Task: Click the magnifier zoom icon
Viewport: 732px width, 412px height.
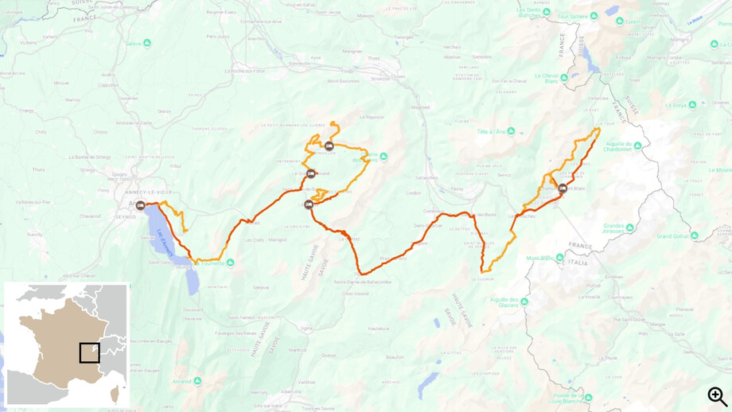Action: click(x=717, y=395)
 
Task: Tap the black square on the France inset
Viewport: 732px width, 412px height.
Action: click(x=90, y=352)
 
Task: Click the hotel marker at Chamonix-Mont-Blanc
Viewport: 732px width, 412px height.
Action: click(x=563, y=189)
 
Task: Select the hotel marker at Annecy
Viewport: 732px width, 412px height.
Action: click(x=141, y=206)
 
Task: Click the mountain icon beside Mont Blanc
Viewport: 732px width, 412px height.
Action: click(x=561, y=258)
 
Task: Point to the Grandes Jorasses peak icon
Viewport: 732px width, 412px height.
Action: click(x=629, y=227)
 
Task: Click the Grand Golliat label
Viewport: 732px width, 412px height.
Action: click(x=674, y=236)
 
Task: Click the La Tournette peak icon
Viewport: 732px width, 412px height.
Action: click(x=230, y=262)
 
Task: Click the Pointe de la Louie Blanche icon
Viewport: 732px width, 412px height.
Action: click(x=582, y=396)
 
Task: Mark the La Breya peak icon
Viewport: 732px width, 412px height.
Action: click(x=691, y=103)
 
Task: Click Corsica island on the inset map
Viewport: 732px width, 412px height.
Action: click(x=116, y=394)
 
